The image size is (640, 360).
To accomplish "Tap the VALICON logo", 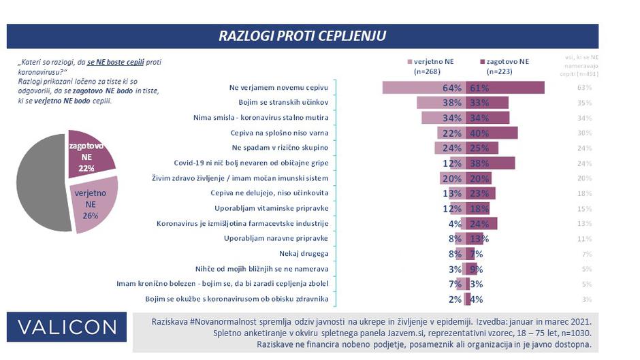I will (x=67, y=327).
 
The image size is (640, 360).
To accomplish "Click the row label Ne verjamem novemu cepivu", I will (x=280, y=88).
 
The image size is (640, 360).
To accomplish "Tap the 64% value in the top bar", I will (x=452, y=88).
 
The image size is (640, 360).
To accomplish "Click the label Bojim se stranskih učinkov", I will (x=282, y=103).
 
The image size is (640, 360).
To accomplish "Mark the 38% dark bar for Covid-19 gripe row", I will (x=490, y=163).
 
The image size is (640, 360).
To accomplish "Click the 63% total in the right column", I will (x=583, y=88).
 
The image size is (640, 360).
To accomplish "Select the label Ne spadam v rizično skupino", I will (x=281, y=148).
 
